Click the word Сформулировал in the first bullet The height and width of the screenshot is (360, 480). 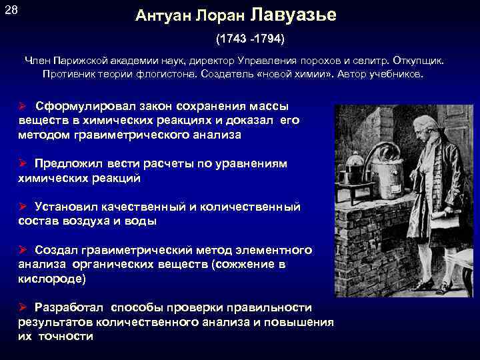pos(83,106)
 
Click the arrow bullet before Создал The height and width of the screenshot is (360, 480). pos(22,251)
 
